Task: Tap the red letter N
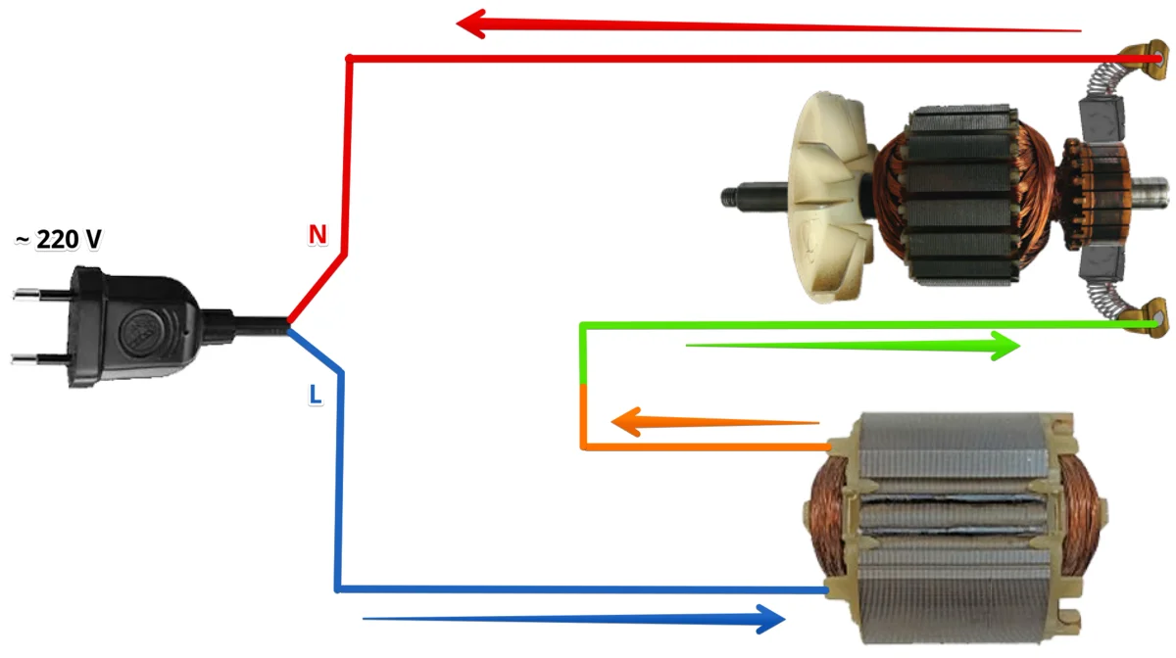pyautogui.click(x=317, y=235)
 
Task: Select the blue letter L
pyautogui.click(x=315, y=394)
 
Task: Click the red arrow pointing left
pyautogui.click(x=764, y=25)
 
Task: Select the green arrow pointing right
pyautogui.click(x=853, y=345)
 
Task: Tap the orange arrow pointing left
pyautogui.click(x=715, y=423)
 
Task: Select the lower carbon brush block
pyautogui.click(x=1101, y=268)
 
